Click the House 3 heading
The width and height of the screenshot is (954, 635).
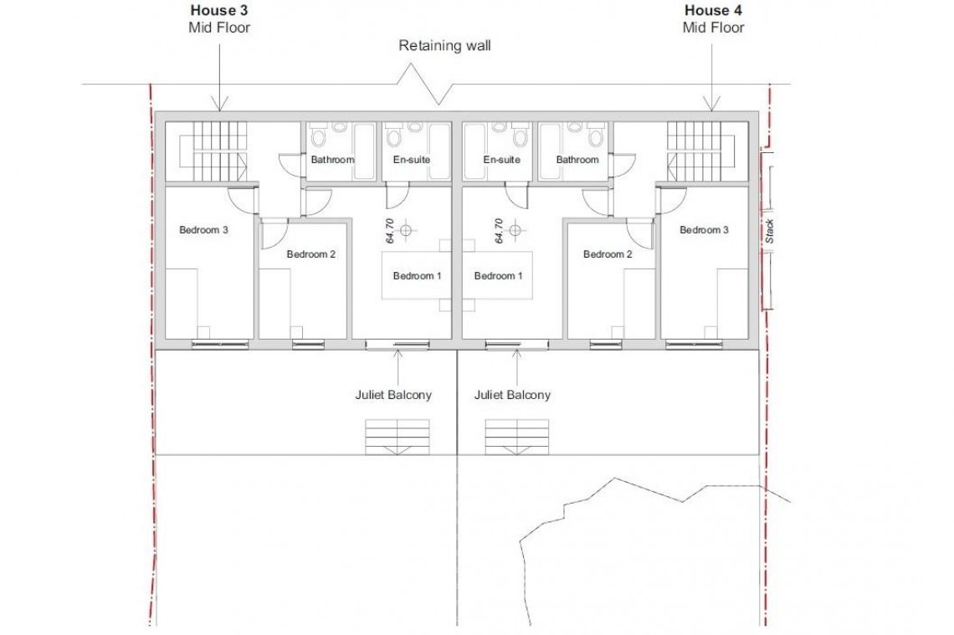tap(219, 11)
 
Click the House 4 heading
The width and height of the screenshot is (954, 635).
tap(713, 11)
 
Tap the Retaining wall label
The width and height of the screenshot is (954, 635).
tap(444, 46)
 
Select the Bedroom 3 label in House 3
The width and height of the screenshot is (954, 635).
tap(204, 230)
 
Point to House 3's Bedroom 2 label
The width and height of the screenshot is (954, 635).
tap(310, 254)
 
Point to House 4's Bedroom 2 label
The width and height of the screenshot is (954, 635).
tap(608, 254)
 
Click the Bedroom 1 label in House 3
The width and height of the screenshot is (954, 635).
tap(417, 276)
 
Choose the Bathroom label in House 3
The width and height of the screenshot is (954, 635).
tap(332, 160)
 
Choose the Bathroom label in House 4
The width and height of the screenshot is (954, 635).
tap(577, 160)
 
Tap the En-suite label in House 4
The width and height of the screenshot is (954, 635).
tap(502, 160)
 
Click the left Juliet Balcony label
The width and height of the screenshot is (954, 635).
tap(393, 395)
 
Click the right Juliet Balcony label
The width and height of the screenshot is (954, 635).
tap(512, 395)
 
